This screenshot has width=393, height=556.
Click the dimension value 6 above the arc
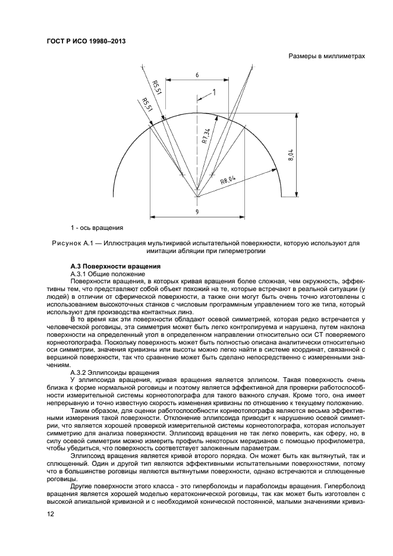(197, 75)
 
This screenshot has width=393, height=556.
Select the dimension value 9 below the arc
(197, 211)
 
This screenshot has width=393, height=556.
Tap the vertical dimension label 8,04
(291, 156)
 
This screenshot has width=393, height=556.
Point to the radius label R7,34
(205, 137)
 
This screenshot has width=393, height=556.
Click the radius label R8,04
(228, 178)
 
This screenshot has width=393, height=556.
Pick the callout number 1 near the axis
(214, 92)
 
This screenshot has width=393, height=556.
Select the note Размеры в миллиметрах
(326, 56)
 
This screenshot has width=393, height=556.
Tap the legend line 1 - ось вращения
(97, 227)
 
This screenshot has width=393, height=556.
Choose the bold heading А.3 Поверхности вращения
(113, 266)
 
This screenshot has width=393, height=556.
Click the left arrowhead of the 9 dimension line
(152, 216)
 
